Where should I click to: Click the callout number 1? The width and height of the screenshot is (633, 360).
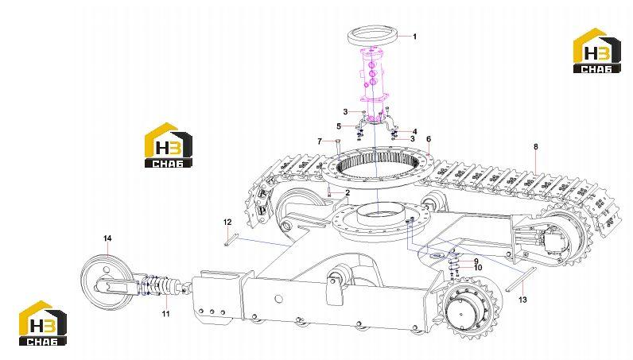[414, 37]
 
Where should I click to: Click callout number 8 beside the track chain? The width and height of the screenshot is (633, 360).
[536, 147]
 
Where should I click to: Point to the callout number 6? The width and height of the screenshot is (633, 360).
[429, 139]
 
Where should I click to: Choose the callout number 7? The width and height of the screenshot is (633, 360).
[320, 141]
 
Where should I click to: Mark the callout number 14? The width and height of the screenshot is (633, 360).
[107, 238]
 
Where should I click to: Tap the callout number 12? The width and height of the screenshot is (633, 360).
[227, 222]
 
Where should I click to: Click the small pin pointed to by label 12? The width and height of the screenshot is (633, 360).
[227, 240]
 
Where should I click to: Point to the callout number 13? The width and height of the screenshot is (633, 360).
[522, 300]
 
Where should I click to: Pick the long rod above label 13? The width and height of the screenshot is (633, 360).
[521, 278]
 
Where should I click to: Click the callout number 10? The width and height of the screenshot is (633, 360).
[478, 268]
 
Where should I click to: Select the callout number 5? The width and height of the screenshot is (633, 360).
[339, 126]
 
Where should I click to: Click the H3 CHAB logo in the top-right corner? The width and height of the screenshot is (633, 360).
[597, 50]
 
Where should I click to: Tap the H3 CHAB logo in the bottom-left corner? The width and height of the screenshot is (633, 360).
[43, 323]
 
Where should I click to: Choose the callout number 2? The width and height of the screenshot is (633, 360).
[348, 193]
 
